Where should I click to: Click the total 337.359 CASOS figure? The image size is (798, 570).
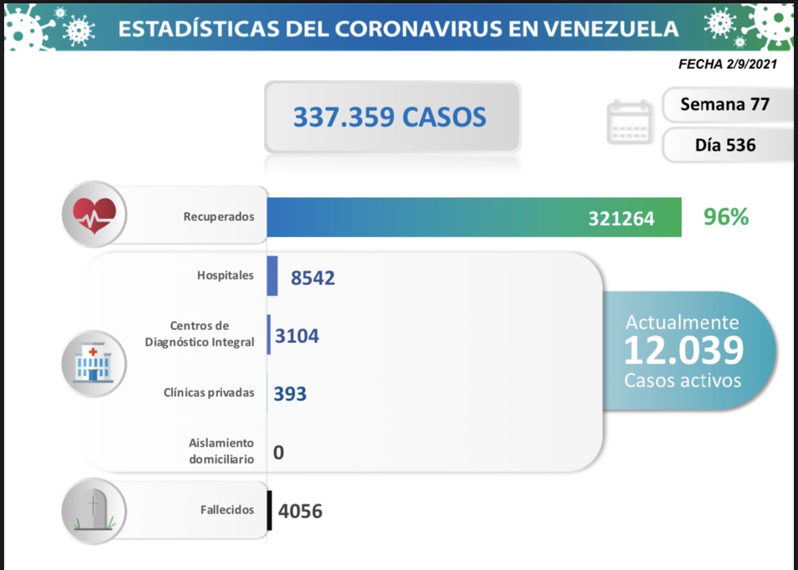pos(389,117)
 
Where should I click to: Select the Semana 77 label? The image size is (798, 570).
pos(724,104)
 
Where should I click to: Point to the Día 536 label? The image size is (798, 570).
pos(725,145)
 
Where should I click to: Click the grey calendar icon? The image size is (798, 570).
pos(630,122)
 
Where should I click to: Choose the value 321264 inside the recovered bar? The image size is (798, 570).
pos(621,218)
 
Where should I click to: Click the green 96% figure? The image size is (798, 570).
pos(726,217)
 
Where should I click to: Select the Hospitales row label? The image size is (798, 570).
pos(225,275)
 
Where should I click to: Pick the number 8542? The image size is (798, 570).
pos(312,277)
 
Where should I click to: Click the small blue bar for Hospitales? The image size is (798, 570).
pos(272,276)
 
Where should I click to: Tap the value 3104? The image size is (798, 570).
pos(297,335)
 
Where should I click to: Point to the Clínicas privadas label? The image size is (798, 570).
pos(209,393)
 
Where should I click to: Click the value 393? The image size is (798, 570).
pos(290,393)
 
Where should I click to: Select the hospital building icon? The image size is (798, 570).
pos(93,363)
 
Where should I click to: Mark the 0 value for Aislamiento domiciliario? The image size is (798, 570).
pos(278,452)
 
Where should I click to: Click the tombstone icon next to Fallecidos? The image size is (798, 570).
pos(93,510)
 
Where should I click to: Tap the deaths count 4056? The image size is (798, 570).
pos(300,511)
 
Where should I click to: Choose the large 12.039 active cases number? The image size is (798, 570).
pos(683,350)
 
